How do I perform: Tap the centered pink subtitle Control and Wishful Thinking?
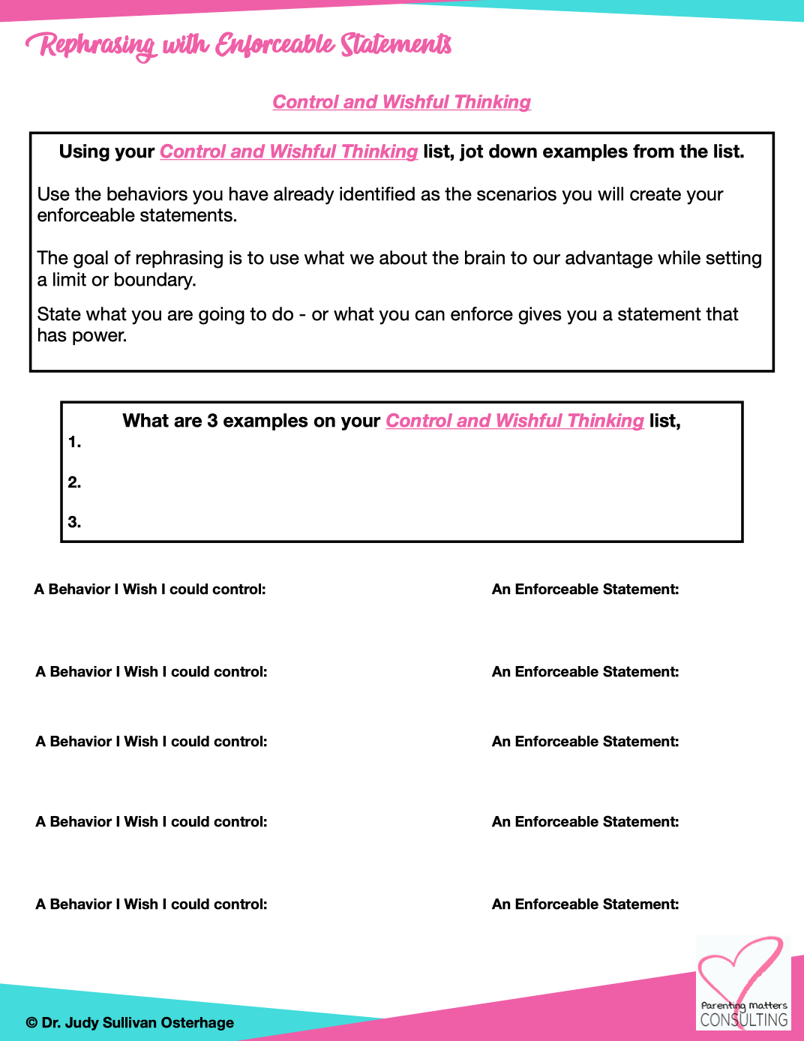click(401, 102)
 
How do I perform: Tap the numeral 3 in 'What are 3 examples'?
click(212, 421)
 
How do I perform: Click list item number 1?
click(74, 442)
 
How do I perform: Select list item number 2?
click(74, 482)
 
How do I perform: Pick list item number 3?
click(74, 522)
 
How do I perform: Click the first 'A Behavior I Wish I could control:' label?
click(150, 589)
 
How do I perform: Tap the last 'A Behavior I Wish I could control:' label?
click(151, 904)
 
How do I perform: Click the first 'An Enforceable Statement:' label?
click(585, 589)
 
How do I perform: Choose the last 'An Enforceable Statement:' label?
click(585, 904)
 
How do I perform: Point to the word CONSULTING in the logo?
click(744, 1020)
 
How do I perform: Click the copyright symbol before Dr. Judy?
click(31, 1023)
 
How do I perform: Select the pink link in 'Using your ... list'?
click(289, 151)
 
